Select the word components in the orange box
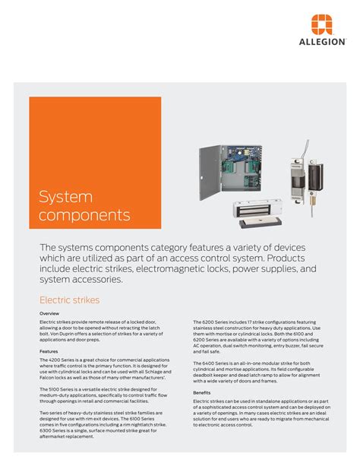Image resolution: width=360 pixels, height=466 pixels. tap(84, 215)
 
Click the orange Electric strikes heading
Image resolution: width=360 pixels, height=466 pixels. tap(69, 300)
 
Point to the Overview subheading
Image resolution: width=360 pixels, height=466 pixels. tap(50, 313)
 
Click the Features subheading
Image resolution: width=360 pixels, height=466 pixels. tap(49, 351)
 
